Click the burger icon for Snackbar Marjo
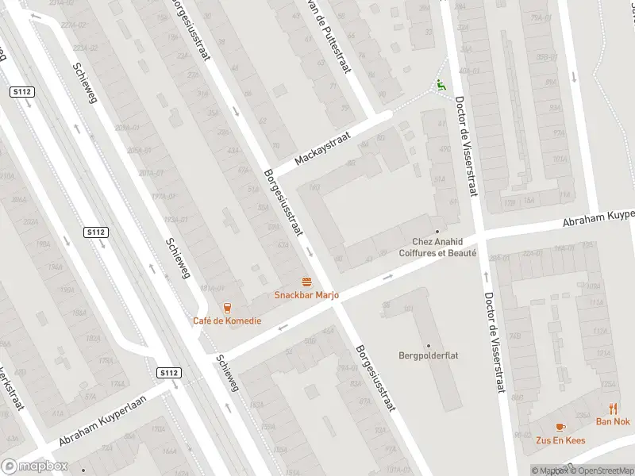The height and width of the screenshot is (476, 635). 306,282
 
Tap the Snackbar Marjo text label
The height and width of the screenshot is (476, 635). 306,295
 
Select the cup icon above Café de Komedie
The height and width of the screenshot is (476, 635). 228,308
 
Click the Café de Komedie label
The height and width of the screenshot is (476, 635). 226,321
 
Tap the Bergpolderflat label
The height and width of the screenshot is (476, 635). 429,355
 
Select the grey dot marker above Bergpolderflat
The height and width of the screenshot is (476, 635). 429,345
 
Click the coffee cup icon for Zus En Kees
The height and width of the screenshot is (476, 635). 560,427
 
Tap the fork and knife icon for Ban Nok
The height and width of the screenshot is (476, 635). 614,409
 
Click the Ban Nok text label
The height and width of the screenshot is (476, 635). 613,421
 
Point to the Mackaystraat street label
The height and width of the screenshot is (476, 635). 322,148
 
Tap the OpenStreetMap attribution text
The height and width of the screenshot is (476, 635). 600,470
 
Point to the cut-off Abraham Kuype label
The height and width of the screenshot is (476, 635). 599,218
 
